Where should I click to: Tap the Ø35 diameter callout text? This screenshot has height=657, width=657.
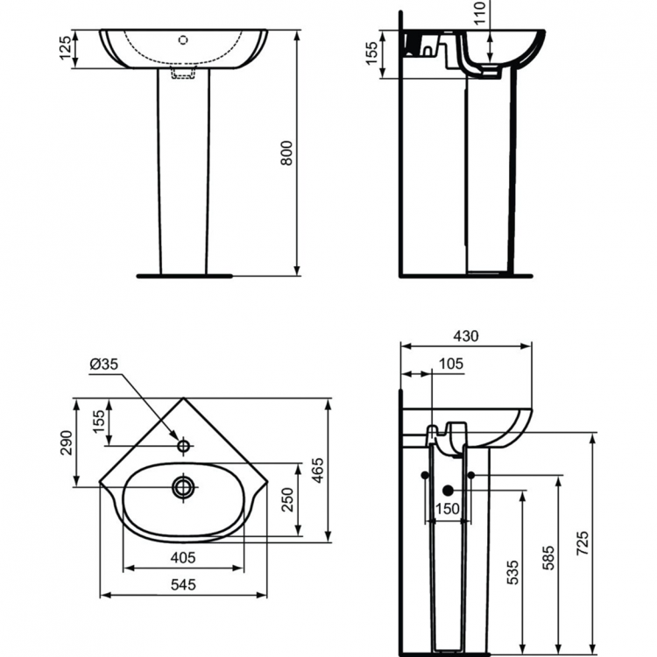click(x=102, y=364)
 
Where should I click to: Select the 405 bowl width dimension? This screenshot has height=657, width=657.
click(x=182, y=556)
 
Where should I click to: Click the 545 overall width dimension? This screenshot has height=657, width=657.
click(x=182, y=584)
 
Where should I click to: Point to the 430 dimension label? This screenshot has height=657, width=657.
click(x=466, y=336)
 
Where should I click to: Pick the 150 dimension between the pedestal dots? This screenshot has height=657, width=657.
click(x=448, y=509)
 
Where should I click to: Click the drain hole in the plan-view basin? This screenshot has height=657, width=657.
click(x=183, y=486)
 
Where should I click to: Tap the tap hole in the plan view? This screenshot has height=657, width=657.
click(x=183, y=446)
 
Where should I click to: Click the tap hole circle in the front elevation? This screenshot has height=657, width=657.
click(x=182, y=39)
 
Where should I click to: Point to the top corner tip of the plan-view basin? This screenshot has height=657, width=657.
click(x=183, y=399)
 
